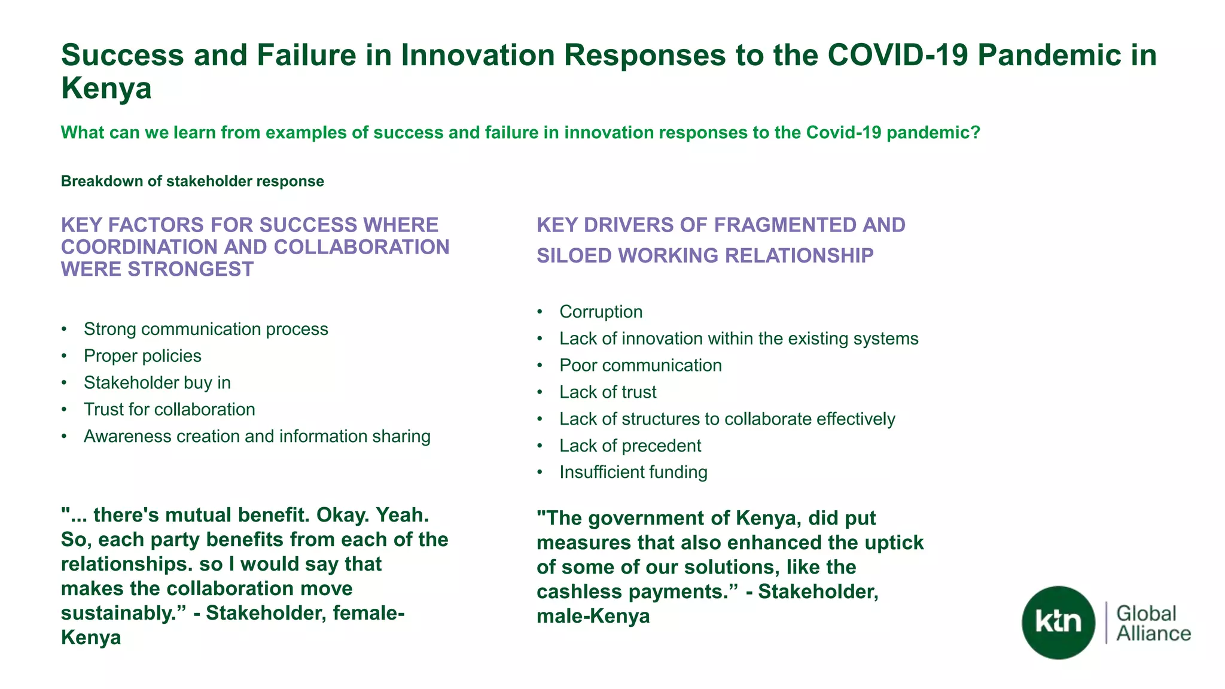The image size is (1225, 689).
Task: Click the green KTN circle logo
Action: (x=1058, y=623)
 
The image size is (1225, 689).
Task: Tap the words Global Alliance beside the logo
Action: (x=1153, y=623)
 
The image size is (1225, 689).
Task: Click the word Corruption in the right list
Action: (x=601, y=312)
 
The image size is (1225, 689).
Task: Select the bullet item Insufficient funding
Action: (x=633, y=472)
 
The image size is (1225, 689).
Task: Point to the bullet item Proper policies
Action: (x=142, y=356)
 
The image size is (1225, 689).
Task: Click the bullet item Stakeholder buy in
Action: (x=157, y=383)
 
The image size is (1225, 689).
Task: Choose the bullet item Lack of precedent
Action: (x=630, y=446)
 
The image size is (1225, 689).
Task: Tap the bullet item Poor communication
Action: (x=640, y=365)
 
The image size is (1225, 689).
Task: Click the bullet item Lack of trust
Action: (x=608, y=392)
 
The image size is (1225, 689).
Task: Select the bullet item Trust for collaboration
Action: (x=169, y=410)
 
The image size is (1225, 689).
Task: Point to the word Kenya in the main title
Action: (x=106, y=89)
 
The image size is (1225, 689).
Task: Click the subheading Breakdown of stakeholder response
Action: (x=192, y=181)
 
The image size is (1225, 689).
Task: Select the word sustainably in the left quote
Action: (x=124, y=613)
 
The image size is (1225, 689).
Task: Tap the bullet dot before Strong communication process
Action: (x=64, y=330)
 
